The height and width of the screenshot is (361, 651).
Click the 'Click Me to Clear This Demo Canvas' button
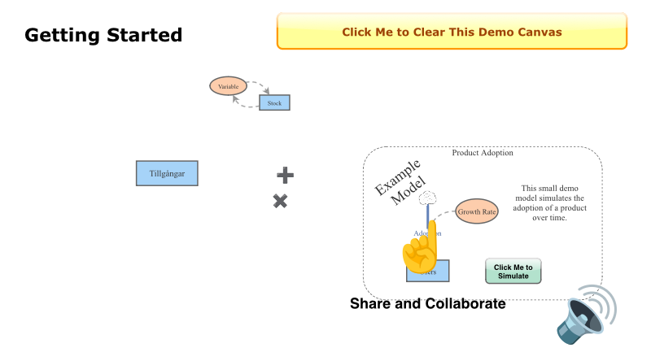click(x=452, y=33)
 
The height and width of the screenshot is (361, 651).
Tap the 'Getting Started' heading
click(x=103, y=35)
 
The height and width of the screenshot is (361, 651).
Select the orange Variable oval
click(x=228, y=85)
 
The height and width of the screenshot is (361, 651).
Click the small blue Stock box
click(x=274, y=103)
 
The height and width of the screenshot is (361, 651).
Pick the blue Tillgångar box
click(x=167, y=173)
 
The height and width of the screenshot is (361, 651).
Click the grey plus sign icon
click(x=285, y=175)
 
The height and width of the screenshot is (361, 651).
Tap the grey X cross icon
click(x=280, y=201)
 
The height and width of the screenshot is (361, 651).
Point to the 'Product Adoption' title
click(x=483, y=153)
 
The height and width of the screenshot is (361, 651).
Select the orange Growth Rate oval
click(x=476, y=211)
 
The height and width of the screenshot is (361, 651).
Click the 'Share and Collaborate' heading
click(x=427, y=304)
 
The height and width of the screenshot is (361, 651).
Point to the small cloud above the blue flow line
click(x=428, y=197)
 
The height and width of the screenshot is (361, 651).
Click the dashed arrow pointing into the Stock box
click(x=262, y=89)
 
